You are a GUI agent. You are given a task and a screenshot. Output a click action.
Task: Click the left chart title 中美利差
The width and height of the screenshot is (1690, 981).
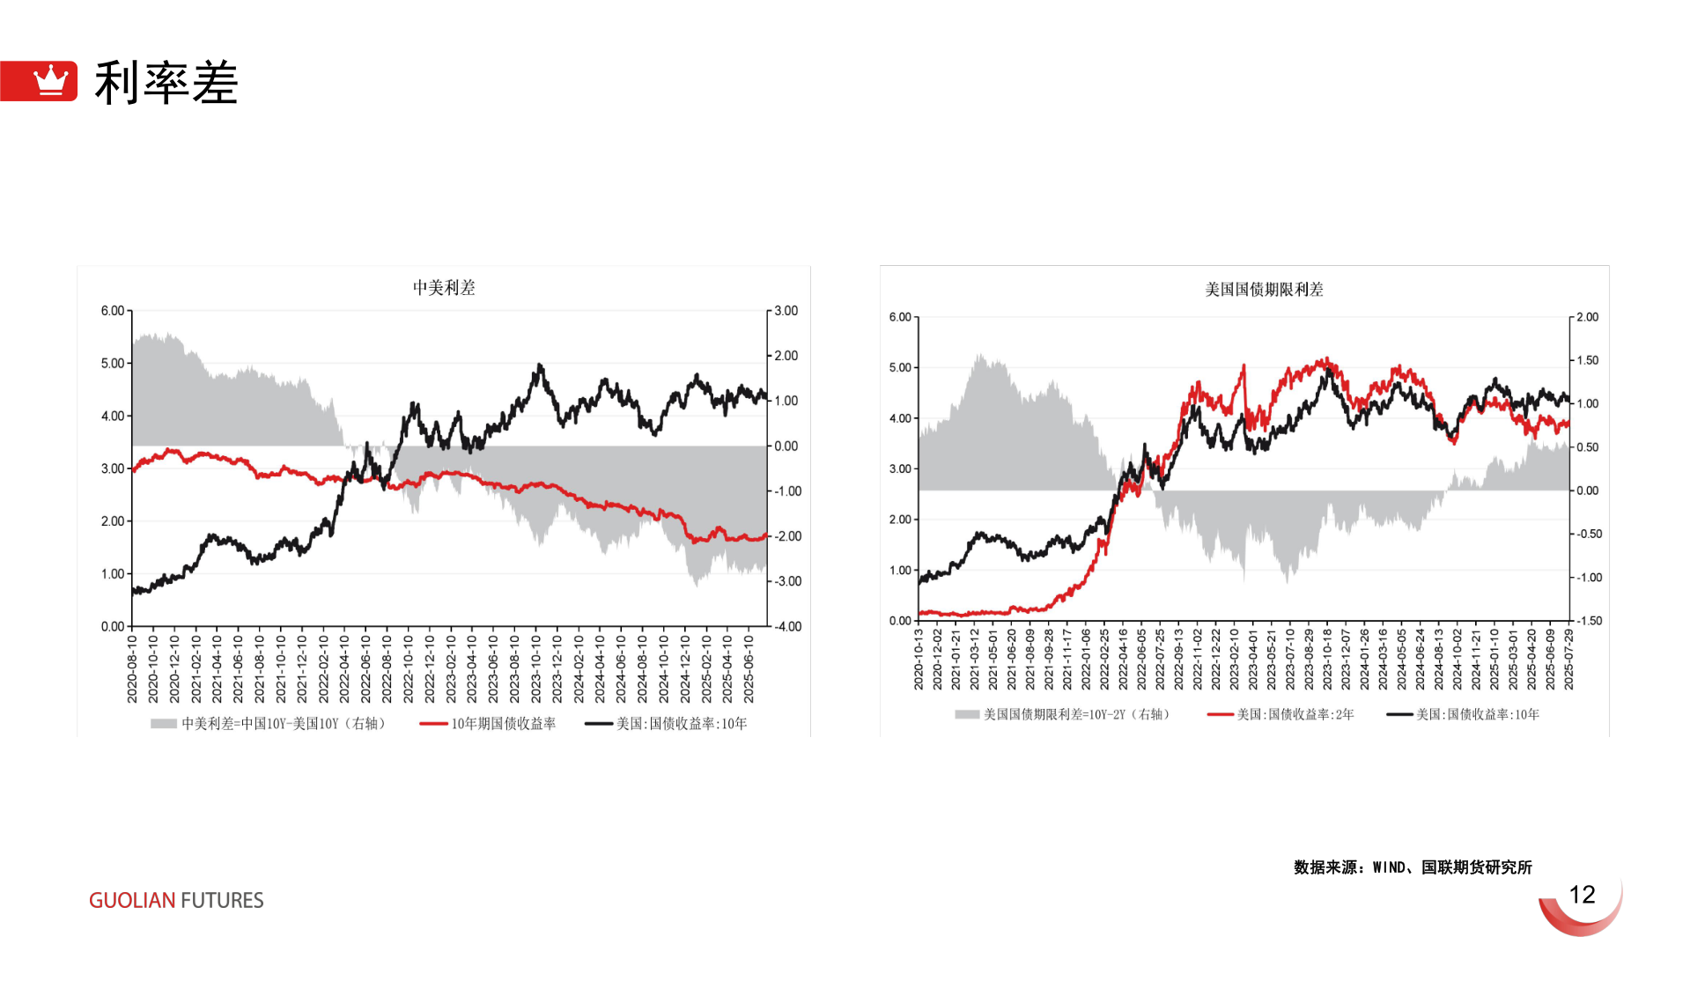click(444, 288)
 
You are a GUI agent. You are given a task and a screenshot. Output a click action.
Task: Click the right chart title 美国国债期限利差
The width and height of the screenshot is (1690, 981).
click(1264, 290)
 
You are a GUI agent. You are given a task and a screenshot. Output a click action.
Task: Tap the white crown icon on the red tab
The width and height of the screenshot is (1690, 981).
click(50, 80)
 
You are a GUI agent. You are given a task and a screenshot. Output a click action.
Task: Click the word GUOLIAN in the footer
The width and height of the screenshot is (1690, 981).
click(131, 900)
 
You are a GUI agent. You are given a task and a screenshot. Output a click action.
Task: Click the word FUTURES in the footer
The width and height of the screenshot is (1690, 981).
click(222, 900)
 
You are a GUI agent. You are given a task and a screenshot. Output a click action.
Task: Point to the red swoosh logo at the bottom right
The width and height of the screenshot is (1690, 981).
click(1582, 912)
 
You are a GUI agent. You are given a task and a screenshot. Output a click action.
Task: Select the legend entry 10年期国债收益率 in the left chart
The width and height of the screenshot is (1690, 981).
click(503, 724)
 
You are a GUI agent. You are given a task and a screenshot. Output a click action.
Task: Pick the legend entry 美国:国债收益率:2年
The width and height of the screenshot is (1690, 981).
click(1295, 714)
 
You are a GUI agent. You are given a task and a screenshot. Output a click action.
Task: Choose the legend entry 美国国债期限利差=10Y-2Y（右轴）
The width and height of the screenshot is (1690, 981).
click(1077, 714)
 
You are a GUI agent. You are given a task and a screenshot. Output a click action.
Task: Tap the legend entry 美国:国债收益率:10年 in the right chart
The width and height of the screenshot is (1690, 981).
click(1478, 714)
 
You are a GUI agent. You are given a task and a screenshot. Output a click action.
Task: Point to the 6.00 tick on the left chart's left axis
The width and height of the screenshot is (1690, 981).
click(113, 311)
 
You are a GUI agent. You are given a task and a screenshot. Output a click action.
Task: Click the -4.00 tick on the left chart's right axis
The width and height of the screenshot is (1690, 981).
click(787, 627)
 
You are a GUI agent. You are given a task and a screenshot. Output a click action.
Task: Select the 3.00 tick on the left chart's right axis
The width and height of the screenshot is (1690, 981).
click(786, 311)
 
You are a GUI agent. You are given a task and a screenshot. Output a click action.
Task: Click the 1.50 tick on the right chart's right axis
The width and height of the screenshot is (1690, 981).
click(1587, 360)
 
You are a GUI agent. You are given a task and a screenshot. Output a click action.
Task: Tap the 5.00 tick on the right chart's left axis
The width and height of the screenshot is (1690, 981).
click(900, 367)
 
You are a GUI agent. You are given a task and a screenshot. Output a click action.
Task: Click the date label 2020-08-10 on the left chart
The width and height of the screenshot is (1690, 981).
click(132, 669)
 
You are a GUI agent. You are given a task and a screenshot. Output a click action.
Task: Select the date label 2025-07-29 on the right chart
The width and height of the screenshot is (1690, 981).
click(1568, 660)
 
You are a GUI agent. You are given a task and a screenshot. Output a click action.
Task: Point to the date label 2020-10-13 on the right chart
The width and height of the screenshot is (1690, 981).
click(919, 660)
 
